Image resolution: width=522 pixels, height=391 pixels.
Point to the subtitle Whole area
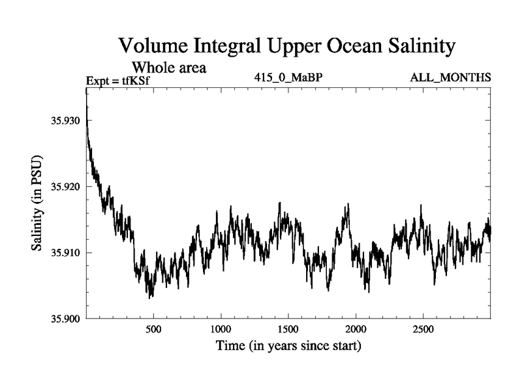[x=170, y=66]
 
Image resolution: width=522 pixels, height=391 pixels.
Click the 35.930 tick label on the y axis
[x=64, y=121]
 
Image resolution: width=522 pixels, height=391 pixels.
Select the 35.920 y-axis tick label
[x=64, y=186]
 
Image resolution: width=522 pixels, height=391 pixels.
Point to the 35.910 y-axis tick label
[x=64, y=252]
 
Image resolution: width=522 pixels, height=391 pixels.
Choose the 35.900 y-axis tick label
[x=64, y=318]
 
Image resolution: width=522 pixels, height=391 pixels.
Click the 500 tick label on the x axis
[x=153, y=328]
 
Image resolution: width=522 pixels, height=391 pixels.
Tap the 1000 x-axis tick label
[x=221, y=328]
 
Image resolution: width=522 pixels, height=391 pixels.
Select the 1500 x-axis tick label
[x=288, y=328]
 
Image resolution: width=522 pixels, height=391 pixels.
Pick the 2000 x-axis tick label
[x=356, y=328]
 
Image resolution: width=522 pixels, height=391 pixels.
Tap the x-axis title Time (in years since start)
[x=288, y=345]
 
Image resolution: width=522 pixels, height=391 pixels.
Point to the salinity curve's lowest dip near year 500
[x=150, y=297]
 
